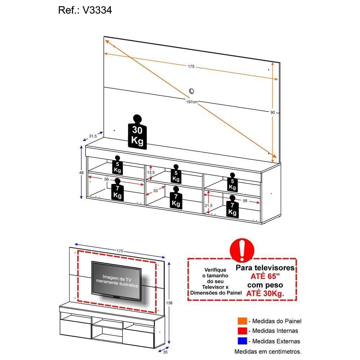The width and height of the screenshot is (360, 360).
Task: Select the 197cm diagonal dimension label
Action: coord(192,102)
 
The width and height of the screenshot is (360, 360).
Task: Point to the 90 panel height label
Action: coord(273,113)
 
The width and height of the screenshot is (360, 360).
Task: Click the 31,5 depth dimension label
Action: coord(93,136)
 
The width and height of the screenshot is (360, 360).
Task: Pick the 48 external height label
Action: coord(81,173)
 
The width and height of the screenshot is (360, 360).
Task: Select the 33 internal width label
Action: coord(156,191)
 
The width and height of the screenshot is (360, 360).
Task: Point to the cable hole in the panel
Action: coord(192,91)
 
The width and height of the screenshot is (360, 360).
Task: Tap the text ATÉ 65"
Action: coord(265,276)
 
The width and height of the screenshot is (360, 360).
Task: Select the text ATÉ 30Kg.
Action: coord(265,293)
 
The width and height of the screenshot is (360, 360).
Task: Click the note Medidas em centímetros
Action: coord(268,351)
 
